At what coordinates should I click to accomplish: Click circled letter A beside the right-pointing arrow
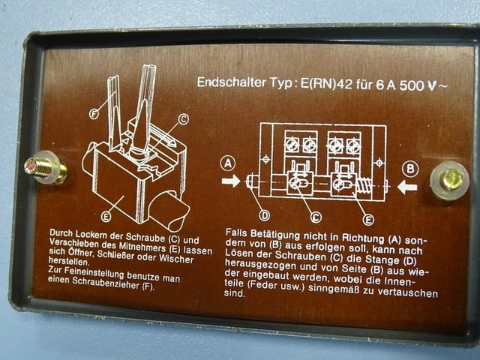click(x=228, y=163)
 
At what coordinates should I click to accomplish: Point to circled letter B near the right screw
click(x=410, y=169)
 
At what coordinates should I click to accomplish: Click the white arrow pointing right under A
click(x=231, y=181)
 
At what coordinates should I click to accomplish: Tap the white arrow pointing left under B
click(x=407, y=187)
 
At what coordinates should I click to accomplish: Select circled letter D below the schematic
click(x=265, y=215)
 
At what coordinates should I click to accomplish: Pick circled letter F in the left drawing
click(x=94, y=114)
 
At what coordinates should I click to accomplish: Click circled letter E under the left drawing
click(x=106, y=217)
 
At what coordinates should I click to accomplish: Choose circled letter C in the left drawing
click(x=183, y=119)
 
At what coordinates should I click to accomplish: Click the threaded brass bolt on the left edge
click(x=46, y=168)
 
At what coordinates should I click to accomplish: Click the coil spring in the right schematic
click(x=364, y=186)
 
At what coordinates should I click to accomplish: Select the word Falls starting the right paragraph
click(x=236, y=232)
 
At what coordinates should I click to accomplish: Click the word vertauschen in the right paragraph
click(x=407, y=292)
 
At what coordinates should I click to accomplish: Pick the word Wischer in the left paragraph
click(x=176, y=259)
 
